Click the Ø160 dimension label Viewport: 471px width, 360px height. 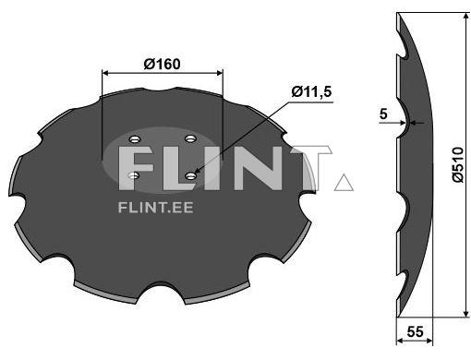162,65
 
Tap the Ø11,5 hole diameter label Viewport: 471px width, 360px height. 311,91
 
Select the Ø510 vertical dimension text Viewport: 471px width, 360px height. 458,165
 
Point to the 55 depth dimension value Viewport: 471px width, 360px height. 415,332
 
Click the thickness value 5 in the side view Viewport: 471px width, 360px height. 383,114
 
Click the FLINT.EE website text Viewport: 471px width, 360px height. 156,208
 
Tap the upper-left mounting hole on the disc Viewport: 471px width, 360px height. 135,139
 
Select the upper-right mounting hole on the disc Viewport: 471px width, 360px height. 191,138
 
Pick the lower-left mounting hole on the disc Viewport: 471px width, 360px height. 134,175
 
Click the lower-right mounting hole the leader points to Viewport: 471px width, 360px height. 191,175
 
